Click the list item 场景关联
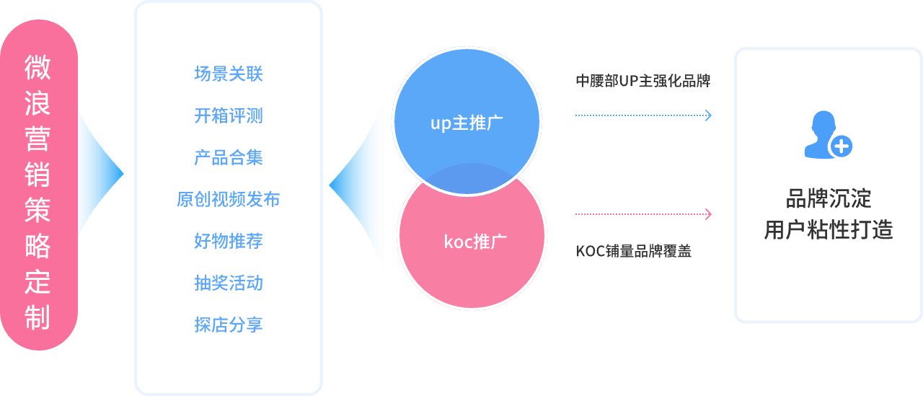228,74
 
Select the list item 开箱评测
228,115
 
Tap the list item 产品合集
228,157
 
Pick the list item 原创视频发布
228,199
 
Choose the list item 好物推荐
228,241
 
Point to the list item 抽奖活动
228,283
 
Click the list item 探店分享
228,325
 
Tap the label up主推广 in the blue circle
467,123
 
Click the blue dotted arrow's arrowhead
709,115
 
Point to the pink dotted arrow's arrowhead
709,214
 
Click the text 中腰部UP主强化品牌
642,81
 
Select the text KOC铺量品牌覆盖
633,252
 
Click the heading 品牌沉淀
828,198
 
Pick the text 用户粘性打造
828,230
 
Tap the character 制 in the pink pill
37,317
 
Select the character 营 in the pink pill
37,138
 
